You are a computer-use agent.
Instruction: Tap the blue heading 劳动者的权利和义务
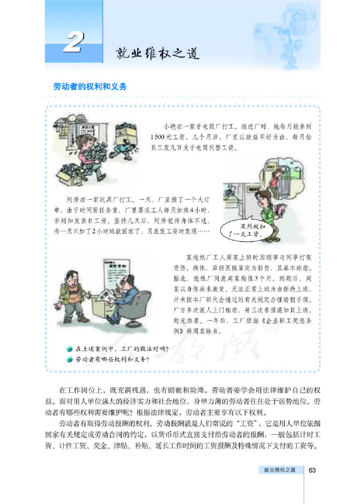click(90, 86)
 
